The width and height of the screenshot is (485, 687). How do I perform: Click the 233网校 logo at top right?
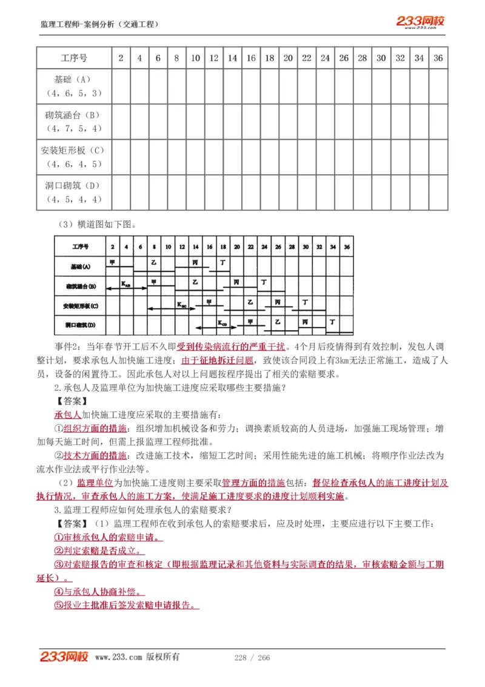[x=421, y=22]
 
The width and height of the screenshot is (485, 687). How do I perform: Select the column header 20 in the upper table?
[x=289, y=58]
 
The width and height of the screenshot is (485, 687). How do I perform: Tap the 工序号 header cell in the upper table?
[x=74, y=58]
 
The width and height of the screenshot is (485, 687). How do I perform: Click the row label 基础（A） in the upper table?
[x=73, y=80]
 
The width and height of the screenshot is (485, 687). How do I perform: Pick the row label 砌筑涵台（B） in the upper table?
[x=73, y=115]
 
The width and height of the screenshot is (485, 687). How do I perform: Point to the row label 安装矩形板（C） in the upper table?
[x=73, y=150]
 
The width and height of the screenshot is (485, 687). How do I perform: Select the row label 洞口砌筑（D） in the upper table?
[x=73, y=185]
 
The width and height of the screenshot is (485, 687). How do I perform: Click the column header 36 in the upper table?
[x=438, y=58]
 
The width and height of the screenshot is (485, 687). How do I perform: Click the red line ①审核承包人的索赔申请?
[x=109, y=537]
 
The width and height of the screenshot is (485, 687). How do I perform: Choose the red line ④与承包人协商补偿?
[x=99, y=591]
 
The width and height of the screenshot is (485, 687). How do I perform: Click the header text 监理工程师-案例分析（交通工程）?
[x=99, y=24]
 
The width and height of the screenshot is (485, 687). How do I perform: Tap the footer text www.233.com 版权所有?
[x=137, y=657]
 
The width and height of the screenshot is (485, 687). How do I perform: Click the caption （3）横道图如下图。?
[x=98, y=224]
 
